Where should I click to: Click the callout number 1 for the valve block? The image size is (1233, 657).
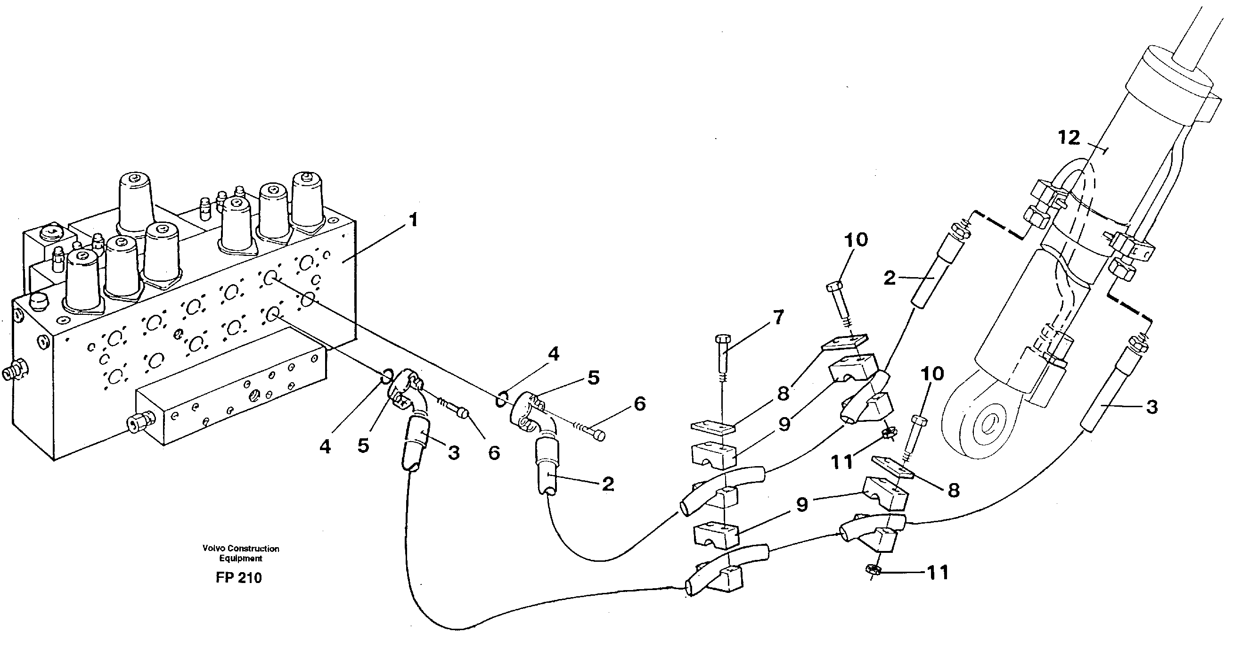(x=413, y=221)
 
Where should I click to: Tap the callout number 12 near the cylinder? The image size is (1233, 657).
(x=1069, y=139)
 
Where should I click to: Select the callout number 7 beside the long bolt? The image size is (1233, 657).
(x=778, y=318)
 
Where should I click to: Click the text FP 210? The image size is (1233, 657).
(x=238, y=578)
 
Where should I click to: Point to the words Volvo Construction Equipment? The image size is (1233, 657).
(x=241, y=553)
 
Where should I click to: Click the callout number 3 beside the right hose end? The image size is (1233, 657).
(x=1151, y=407)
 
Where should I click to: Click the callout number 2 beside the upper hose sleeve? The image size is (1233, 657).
(x=890, y=278)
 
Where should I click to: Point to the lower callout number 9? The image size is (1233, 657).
(x=802, y=504)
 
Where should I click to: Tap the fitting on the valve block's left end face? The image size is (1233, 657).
(x=14, y=372)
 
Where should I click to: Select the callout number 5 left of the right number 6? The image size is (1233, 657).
(x=593, y=378)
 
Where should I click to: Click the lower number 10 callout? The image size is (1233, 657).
(x=931, y=374)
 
